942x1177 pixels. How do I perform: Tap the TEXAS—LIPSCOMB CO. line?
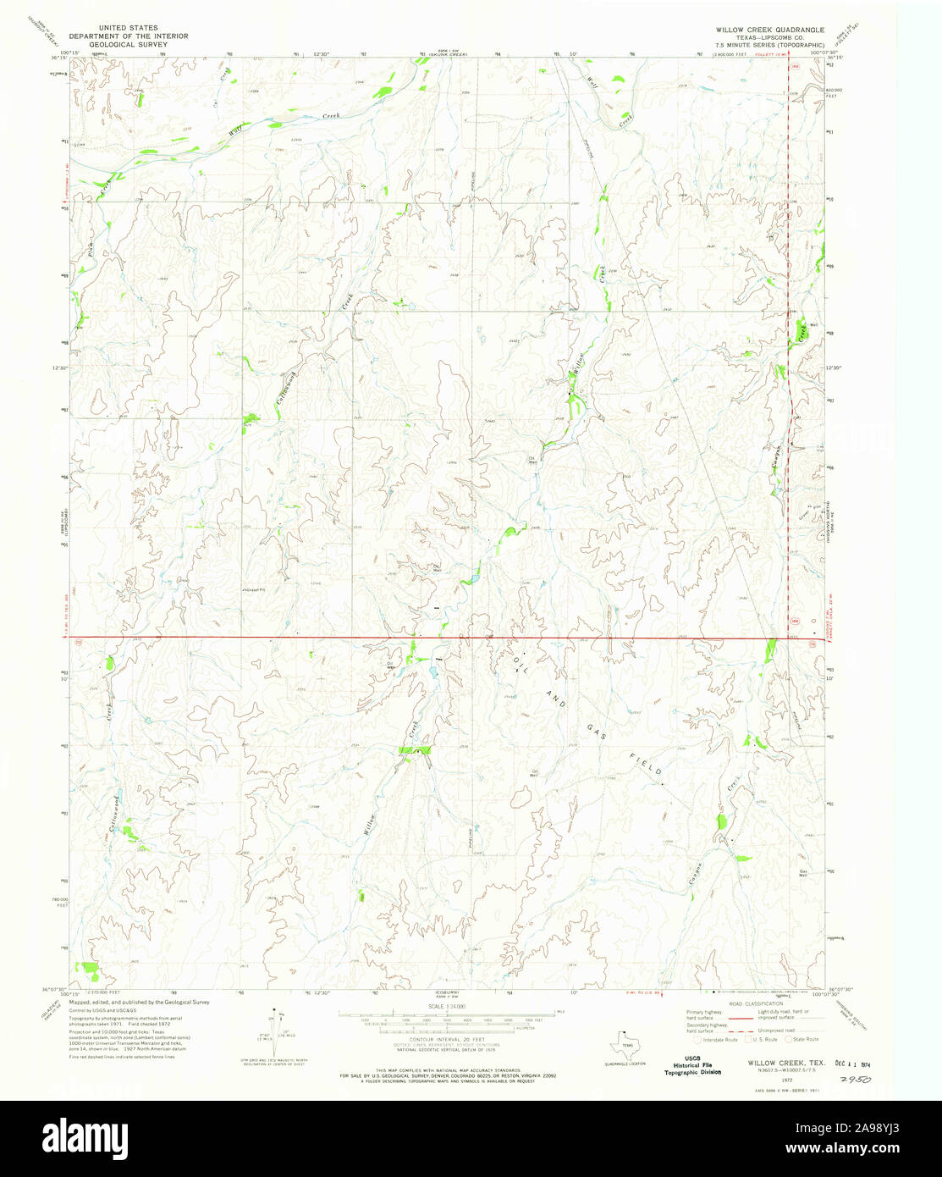point(769,37)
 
